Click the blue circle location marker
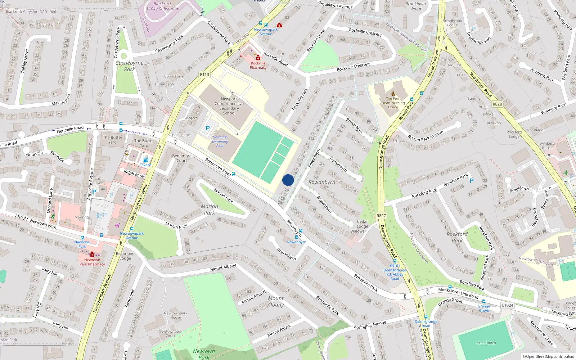tap(288, 180)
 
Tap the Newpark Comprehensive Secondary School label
tap(229, 106)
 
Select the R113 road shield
tap(204, 75)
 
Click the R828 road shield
tap(497, 104)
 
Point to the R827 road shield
tap(381, 216)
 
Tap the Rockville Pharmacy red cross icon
tap(258, 58)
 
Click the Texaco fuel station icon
tap(145, 160)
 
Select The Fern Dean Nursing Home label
tap(393, 103)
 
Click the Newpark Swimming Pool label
tap(220, 141)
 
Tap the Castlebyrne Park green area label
tap(130, 66)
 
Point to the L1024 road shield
tap(507, 305)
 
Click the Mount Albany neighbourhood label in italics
tap(276, 301)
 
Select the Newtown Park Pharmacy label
tap(92, 262)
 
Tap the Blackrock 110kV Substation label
tap(163, 6)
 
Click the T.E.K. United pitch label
tap(486, 343)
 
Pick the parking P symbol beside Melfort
tap(207, 128)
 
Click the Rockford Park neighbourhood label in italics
tap(457, 237)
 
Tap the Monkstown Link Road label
tap(458, 293)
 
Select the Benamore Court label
tap(182, 158)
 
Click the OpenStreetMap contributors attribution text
tap(548, 356)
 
